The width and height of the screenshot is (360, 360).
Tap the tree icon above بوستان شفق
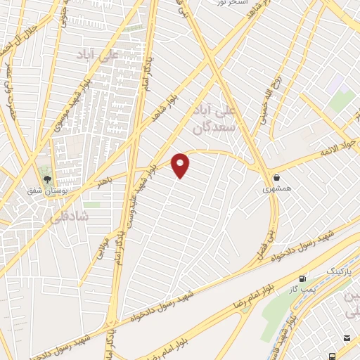48,180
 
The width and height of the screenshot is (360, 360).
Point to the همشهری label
275,188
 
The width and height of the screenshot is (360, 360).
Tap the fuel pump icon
303,278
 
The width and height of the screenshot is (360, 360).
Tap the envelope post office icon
347,339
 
